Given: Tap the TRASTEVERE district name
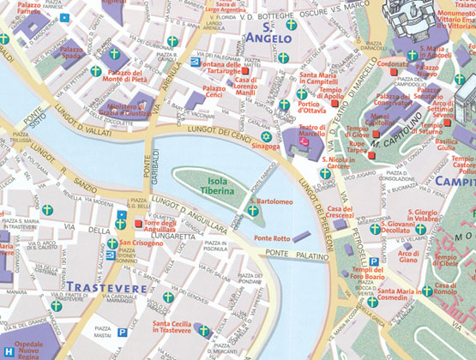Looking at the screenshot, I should point(106,287).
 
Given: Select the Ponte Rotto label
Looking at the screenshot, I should point(272,237).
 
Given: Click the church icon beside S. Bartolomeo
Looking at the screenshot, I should point(252,209).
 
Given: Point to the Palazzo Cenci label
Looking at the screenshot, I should point(214,93).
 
